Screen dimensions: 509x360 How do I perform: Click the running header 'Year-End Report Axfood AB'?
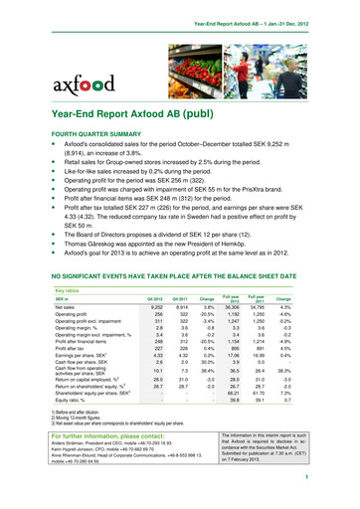click(x=273, y=11)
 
